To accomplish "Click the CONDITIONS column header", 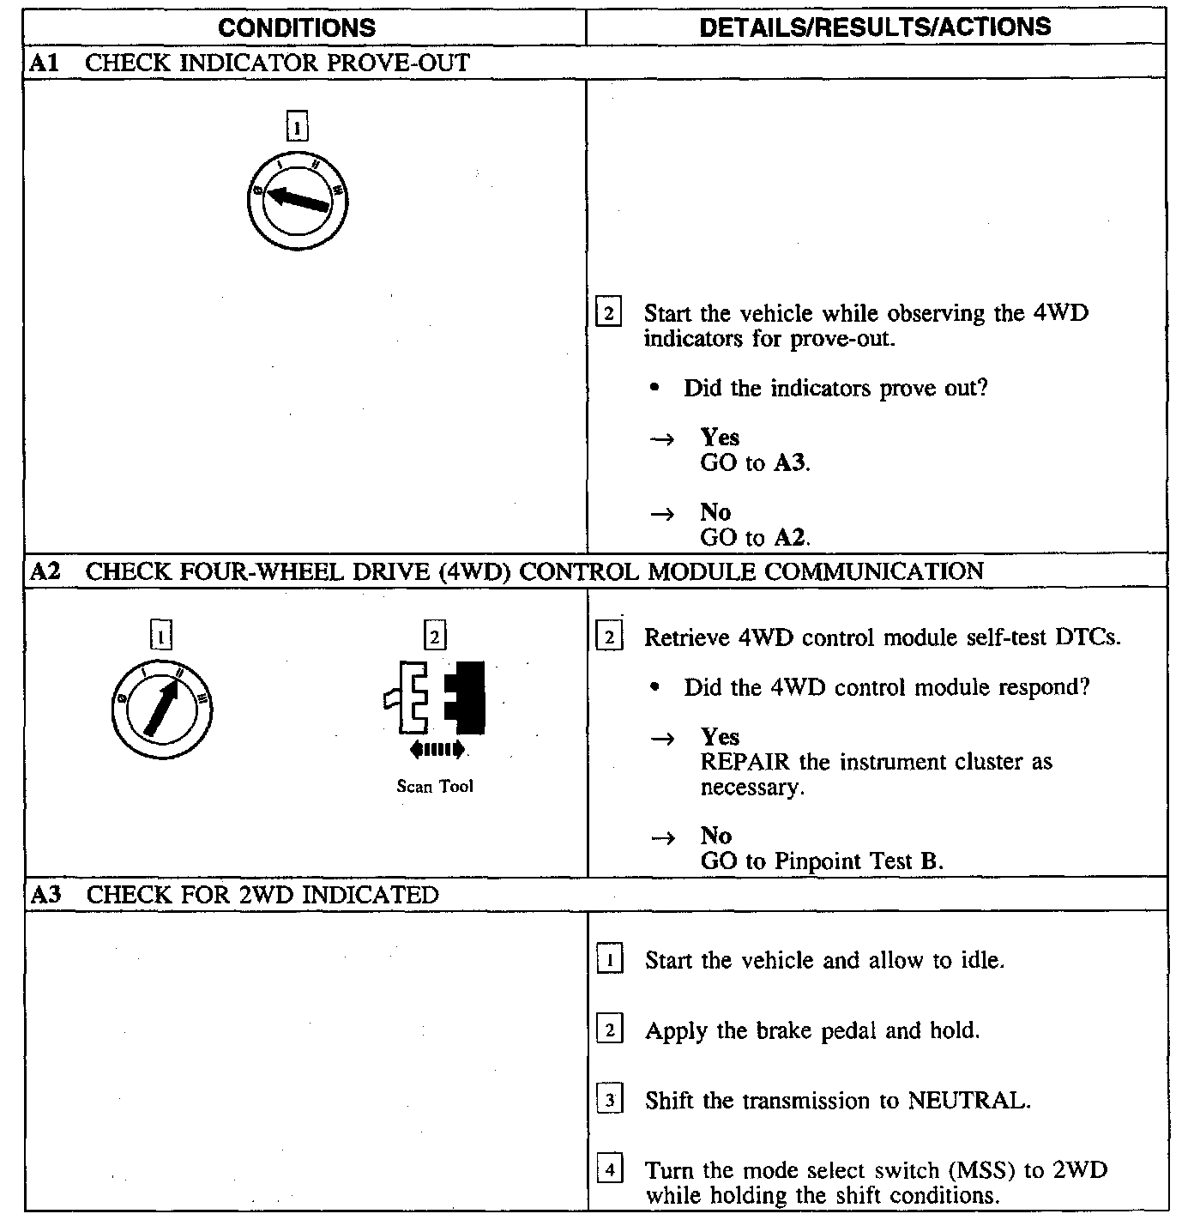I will pos(296,27).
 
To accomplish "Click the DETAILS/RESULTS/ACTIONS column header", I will pos(875,27).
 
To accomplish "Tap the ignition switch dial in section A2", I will pos(162,709).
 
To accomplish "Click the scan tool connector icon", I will pos(435,698).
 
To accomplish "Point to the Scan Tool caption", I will pos(435,786).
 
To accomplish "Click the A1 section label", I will pos(43,63).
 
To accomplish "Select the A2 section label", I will pos(45,571).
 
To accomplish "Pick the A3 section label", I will pos(45,895).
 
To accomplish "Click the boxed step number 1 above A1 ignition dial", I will pos(297,127).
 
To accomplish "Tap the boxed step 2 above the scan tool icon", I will pos(435,637).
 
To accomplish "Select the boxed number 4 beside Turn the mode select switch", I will pos(609,1170).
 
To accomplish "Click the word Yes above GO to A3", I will pos(720,438).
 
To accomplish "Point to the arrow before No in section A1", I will pos(661,514).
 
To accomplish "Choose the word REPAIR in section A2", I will pos(745,762).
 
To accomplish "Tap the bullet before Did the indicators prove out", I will pos(655,389).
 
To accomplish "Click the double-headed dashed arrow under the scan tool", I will pos(437,750).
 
